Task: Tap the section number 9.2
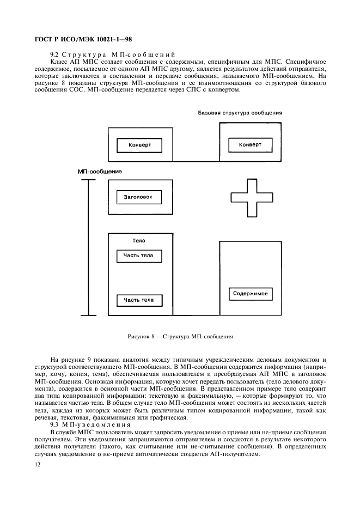[54, 54]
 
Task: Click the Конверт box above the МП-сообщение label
[139, 145]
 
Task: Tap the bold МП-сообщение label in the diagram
[100, 171]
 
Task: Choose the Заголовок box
[139, 197]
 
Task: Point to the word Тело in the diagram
[139, 240]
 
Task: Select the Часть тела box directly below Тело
[139, 255]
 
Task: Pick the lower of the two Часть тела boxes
[139, 300]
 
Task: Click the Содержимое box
[251, 294]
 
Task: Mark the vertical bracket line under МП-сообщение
[88, 247]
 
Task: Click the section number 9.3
[54, 424]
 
